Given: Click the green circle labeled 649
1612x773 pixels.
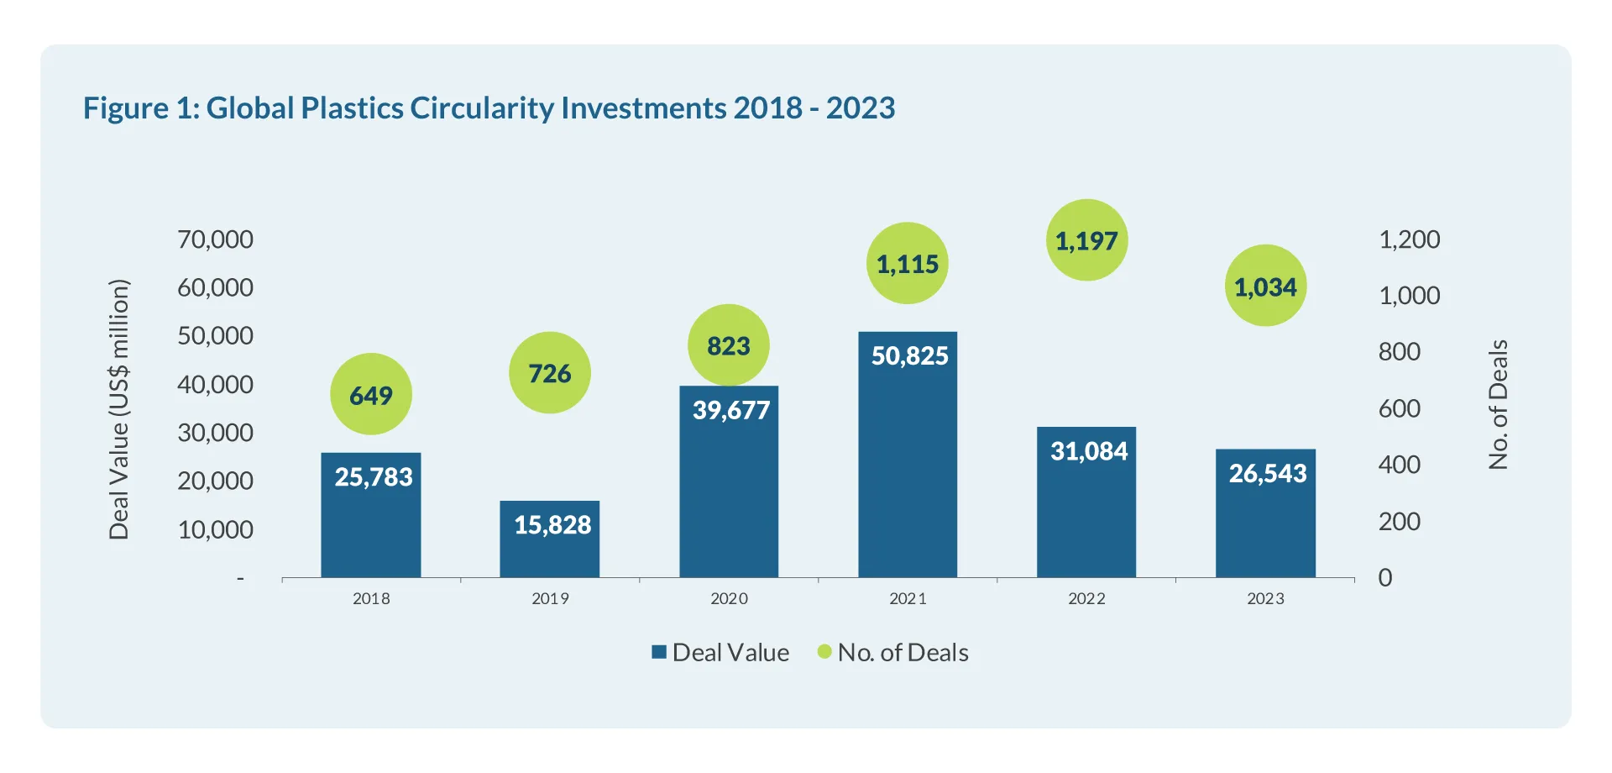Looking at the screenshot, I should click(370, 394).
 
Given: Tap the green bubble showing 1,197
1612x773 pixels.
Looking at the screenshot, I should click(1086, 240).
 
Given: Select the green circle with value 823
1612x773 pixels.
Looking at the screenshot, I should click(728, 345).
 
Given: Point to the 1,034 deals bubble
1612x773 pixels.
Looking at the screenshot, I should click(1265, 287).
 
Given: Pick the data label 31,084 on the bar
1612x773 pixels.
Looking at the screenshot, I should click(1089, 451).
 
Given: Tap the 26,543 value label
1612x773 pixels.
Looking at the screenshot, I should click(1268, 473).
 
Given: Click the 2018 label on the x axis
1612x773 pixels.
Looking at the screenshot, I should click(371, 598).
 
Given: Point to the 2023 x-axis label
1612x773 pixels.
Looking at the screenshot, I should click(1265, 598).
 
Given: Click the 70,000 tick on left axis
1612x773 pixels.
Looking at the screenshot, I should click(215, 239).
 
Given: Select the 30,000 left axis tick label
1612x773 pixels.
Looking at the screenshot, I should click(215, 433).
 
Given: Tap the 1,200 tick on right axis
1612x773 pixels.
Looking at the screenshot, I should click(1409, 239).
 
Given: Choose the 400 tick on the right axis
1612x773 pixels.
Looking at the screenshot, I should click(1399, 465).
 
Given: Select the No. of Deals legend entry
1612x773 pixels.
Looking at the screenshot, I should click(893, 652).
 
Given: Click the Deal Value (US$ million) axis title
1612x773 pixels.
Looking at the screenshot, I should click(119, 409).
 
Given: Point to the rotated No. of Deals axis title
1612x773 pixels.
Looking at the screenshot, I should click(1498, 404).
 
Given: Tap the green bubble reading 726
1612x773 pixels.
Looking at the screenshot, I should click(550, 372).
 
